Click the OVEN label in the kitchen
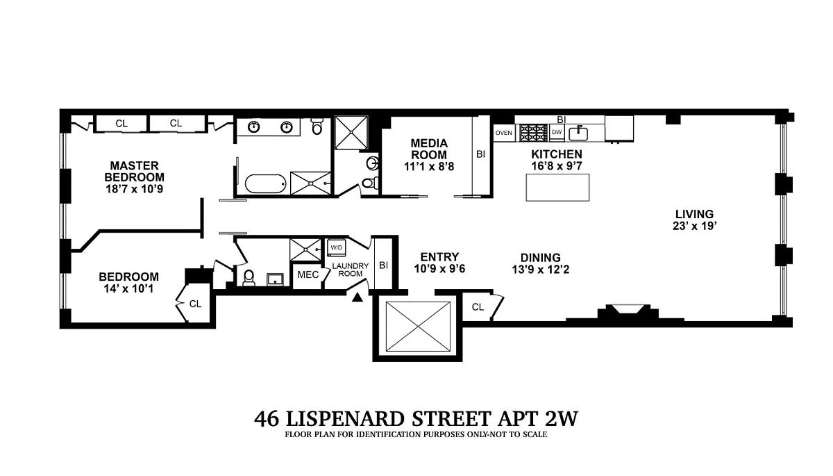[503, 133]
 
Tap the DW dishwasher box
[557, 133]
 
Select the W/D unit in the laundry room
[336, 247]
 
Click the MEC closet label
[308, 274]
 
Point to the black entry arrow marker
[357, 297]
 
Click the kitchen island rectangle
[557, 188]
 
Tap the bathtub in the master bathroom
[265, 184]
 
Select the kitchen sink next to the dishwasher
[578, 133]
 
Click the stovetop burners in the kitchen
[534, 133]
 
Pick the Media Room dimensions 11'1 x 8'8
[429, 166]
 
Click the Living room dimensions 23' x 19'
[694, 226]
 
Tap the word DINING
[540, 258]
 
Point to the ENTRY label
[439, 257]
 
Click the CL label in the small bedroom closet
[195, 304]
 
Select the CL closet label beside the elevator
[478, 307]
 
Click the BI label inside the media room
[481, 154]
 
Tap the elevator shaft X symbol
[418, 327]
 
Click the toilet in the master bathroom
[317, 126]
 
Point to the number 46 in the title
[267, 419]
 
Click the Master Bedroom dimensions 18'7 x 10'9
[134, 189]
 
